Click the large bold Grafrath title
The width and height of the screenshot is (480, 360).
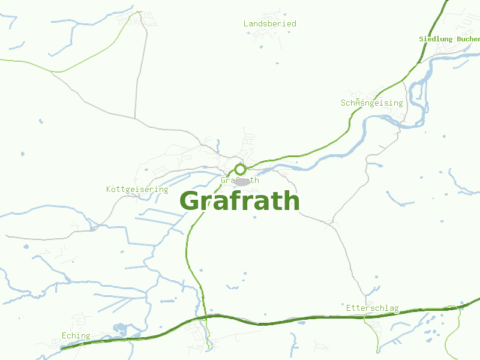(239, 201)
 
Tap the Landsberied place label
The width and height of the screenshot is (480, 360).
(269, 23)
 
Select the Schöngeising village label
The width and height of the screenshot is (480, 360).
(371, 103)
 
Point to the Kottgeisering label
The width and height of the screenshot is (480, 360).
(137, 189)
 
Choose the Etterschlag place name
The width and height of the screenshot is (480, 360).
(372, 308)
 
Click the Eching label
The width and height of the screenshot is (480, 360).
(76, 335)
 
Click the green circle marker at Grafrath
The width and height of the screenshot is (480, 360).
(240, 169)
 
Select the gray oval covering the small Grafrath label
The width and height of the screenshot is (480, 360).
(242, 181)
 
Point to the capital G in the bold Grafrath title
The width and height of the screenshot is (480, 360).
(191, 201)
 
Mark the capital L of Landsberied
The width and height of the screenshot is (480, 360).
(246, 23)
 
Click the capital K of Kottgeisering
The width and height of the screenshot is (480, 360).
(109, 189)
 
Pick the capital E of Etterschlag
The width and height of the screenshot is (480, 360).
(349, 308)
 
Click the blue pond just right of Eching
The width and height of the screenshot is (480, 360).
(119, 328)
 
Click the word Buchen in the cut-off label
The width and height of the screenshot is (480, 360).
(468, 39)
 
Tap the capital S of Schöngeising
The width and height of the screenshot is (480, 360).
(343, 103)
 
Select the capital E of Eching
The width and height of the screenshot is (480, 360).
(64, 335)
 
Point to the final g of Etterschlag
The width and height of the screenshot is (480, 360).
(396, 308)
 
